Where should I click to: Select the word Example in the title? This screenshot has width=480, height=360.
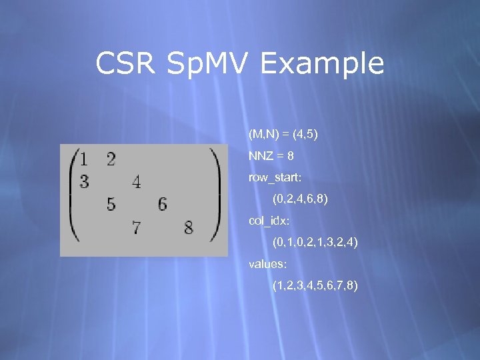click(x=323, y=65)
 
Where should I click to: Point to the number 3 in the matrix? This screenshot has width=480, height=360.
click(x=84, y=181)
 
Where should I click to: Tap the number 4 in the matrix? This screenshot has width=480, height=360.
click(x=137, y=181)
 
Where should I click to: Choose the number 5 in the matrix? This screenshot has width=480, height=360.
click(x=111, y=205)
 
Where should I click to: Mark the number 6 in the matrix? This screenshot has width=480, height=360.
click(x=163, y=205)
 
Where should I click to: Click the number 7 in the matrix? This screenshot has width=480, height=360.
click(x=137, y=228)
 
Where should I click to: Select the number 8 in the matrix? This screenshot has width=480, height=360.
click(x=189, y=228)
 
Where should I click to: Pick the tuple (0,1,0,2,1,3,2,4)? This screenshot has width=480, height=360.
click(x=315, y=243)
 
